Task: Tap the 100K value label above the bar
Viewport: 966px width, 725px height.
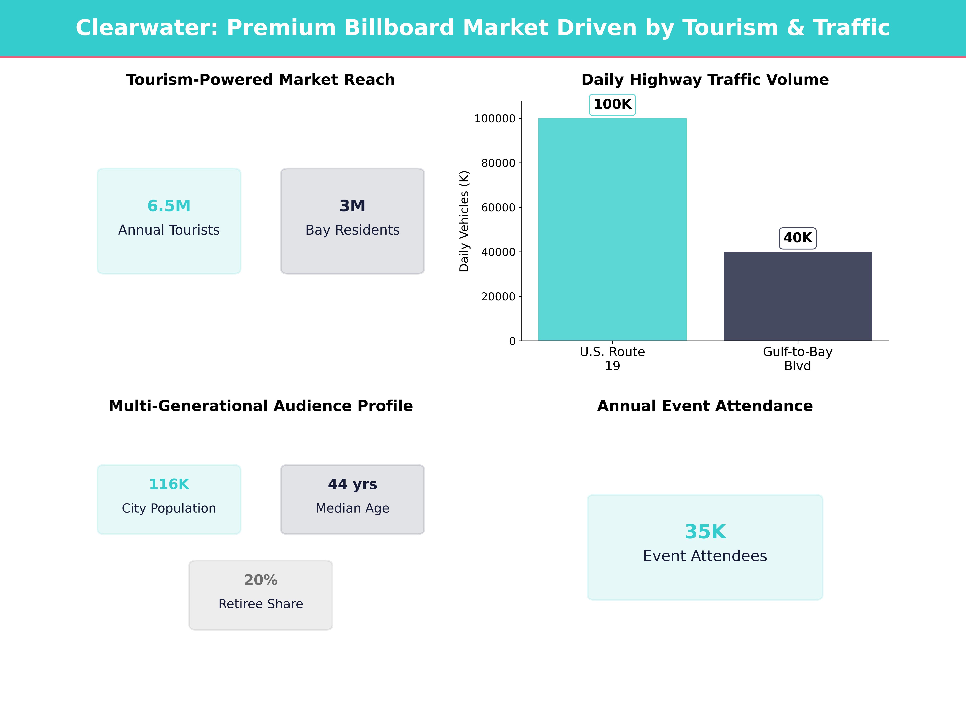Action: (x=612, y=105)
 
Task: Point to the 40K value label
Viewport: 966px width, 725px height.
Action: (x=797, y=238)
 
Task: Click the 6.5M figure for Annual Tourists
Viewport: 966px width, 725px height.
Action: (x=169, y=206)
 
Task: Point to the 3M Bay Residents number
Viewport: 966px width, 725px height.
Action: (x=352, y=206)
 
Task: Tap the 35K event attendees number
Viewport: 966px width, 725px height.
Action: (x=705, y=532)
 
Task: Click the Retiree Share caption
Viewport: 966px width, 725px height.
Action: (x=261, y=604)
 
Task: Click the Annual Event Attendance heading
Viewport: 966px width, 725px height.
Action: (x=705, y=406)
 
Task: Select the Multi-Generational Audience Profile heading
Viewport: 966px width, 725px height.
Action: (x=261, y=406)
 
